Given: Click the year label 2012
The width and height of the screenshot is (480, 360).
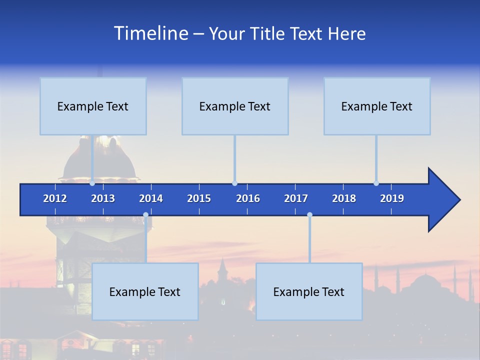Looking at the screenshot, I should [x=55, y=198].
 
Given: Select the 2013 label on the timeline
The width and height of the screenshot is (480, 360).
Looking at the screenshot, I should [x=103, y=198].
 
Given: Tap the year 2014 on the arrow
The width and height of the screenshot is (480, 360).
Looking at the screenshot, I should [x=151, y=198].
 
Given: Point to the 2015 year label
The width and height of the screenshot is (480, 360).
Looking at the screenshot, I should [x=199, y=198].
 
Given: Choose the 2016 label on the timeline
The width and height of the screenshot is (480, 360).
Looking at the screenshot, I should [x=248, y=198].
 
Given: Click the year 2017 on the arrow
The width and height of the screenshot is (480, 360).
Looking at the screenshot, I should [x=296, y=198].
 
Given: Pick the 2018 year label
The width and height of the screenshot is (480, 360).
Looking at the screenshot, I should [x=344, y=198].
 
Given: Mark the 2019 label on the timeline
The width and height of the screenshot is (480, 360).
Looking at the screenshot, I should [x=392, y=198].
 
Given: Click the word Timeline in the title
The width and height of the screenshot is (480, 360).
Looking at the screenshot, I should [x=150, y=33].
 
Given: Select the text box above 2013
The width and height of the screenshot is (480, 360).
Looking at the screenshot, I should [x=93, y=106].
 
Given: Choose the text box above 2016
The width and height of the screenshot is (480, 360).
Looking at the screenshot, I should [x=235, y=106].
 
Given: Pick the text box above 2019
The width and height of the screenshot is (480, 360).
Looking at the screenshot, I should [x=377, y=106].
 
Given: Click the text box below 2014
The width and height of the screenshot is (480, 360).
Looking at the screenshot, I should [x=145, y=291].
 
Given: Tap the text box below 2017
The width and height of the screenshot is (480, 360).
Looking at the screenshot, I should [x=309, y=291].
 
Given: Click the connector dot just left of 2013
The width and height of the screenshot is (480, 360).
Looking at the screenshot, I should [x=92, y=183].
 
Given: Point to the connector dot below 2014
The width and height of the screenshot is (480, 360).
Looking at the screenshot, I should [x=145, y=215].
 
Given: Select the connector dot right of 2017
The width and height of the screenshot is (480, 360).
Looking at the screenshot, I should [x=309, y=215].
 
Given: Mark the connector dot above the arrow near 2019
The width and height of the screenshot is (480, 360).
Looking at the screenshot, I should [x=376, y=183].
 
